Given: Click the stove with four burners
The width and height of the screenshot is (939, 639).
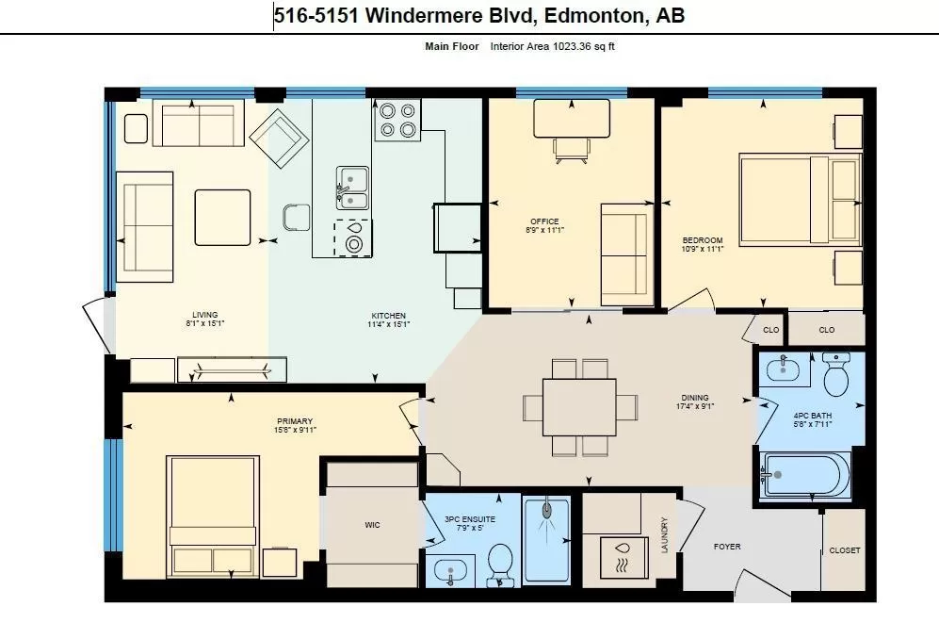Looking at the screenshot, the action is click(x=397, y=120).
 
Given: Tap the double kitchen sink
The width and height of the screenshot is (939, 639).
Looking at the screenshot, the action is click(x=352, y=188).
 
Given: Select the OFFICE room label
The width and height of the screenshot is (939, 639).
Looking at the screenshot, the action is click(x=544, y=221).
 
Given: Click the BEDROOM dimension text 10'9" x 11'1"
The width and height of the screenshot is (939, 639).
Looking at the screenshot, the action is click(x=703, y=249).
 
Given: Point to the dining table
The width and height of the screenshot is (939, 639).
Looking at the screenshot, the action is click(x=579, y=407).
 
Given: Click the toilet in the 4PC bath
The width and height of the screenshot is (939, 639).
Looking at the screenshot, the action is click(x=836, y=374).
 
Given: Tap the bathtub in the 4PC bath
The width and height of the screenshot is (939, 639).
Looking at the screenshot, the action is click(x=805, y=474).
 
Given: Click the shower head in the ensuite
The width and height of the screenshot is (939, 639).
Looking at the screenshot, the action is click(x=547, y=511).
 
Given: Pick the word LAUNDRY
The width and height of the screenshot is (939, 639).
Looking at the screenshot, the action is click(x=664, y=535).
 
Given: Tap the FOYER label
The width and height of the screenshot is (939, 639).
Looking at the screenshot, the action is click(x=727, y=547).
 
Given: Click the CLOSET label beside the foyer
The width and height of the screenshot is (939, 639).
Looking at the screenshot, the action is click(x=845, y=550).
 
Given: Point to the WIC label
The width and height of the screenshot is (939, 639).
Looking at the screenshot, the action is click(x=372, y=525).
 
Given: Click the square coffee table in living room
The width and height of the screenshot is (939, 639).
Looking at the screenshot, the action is click(x=223, y=218).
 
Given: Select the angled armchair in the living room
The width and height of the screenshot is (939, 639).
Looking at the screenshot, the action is click(x=279, y=139).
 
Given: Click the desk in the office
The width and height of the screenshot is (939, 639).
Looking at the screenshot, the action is click(x=572, y=119).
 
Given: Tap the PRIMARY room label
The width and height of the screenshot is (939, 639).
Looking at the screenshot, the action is click(x=295, y=421).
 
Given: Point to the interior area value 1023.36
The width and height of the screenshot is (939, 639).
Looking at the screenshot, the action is click(x=572, y=46).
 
